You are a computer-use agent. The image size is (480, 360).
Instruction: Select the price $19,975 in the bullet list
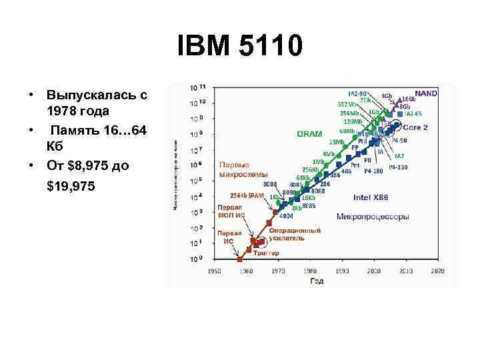click(x=71, y=187)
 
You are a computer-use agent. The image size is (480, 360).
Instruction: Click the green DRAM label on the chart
click(x=309, y=134)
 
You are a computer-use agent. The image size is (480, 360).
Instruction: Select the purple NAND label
click(x=426, y=94)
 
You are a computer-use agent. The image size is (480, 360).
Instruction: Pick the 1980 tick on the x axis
click(x=310, y=271)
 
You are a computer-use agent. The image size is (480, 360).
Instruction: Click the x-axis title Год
click(x=317, y=281)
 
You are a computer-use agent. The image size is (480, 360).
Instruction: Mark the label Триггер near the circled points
click(x=266, y=253)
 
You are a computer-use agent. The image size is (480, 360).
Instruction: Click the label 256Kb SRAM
click(x=247, y=195)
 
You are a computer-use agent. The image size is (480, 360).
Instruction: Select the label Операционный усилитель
click(x=295, y=234)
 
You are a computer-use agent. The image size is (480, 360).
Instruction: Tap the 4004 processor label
click(x=287, y=216)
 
